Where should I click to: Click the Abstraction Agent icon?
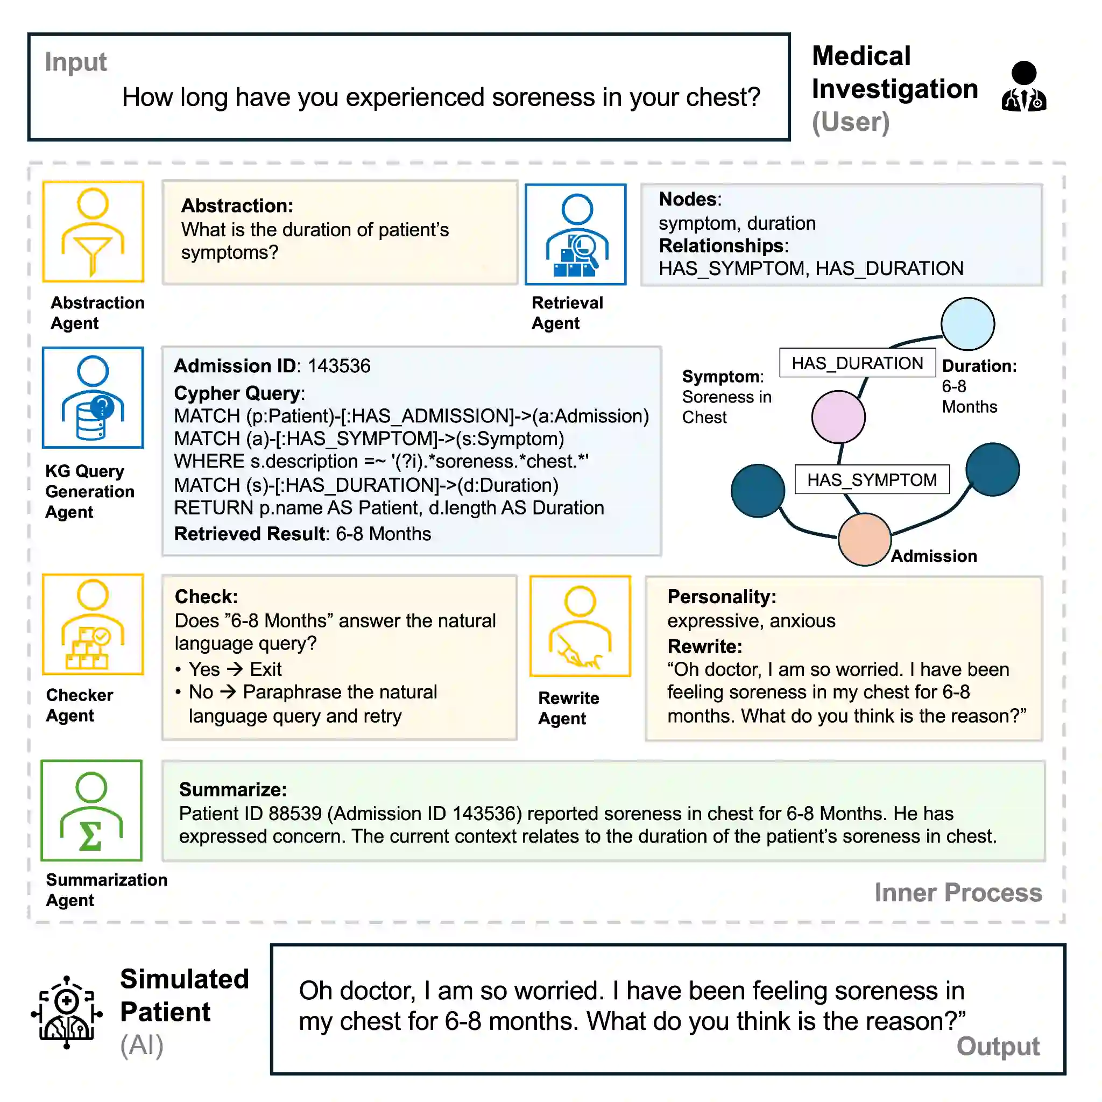(x=93, y=231)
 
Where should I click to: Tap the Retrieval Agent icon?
(x=576, y=235)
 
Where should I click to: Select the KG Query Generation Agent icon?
(x=93, y=398)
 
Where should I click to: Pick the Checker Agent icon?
(x=93, y=624)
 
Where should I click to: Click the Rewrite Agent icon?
(x=580, y=626)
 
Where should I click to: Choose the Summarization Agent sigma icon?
(x=91, y=810)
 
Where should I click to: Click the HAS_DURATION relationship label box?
(x=857, y=363)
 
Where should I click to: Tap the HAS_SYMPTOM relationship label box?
(x=872, y=479)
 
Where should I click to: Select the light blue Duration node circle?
(x=967, y=324)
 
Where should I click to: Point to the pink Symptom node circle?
(x=838, y=417)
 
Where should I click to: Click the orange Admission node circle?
(x=864, y=539)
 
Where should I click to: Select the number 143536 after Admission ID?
(x=339, y=365)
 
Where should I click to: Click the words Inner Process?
(x=958, y=893)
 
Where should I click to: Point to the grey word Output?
(x=998, y=1046)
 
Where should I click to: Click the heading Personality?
(x=722, y=597)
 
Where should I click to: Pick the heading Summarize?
(x=232, y=789)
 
